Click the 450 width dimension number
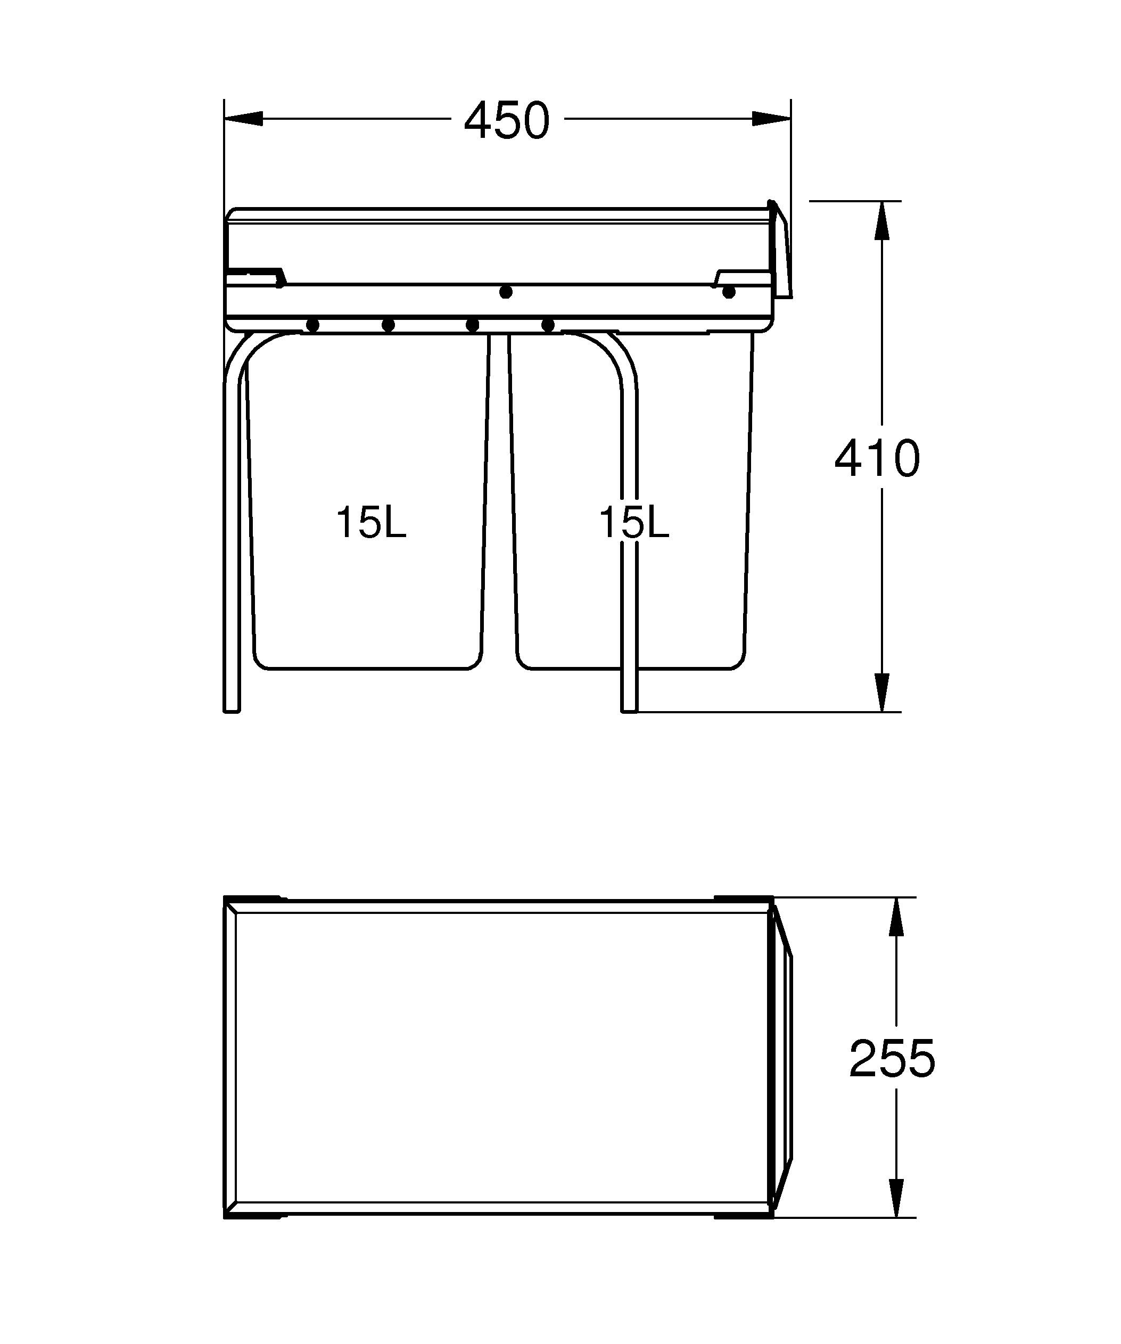coord(506,121)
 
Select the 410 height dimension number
coord(877,459)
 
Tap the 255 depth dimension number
coord(892,1059)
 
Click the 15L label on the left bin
coord(371,523)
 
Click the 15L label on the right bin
coord(633,523)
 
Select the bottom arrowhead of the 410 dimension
coord(881,692)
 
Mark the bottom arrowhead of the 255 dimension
coord(896,1198)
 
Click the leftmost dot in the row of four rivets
coord(313,325)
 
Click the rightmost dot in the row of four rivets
coord(548,325)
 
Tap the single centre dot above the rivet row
coord(506,292)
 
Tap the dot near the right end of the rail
coord(728,292)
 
